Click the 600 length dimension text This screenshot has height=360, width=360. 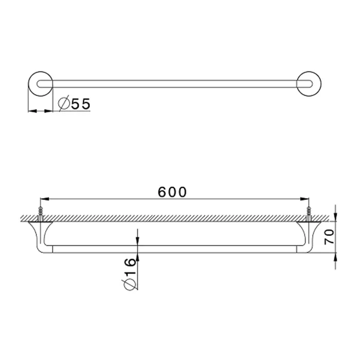[172, 192]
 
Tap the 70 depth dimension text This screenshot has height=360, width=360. [329, 237]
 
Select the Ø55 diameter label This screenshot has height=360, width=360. [74, 104]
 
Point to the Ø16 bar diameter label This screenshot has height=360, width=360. [130, 274]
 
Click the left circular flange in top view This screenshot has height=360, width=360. [29, 84]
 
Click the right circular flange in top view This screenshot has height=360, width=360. [321, 84]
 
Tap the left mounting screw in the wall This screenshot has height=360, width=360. [41, 214]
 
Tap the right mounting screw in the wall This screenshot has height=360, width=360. [309, 214]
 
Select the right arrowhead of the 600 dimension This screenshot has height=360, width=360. [304, 199]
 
